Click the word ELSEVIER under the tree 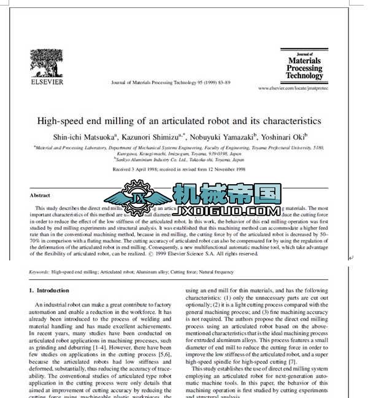pos(47,80)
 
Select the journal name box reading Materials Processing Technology pos(304,66)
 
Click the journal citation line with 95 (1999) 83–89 pos(171,82)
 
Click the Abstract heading pos(40,195)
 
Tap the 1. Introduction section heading pos(50,290)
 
